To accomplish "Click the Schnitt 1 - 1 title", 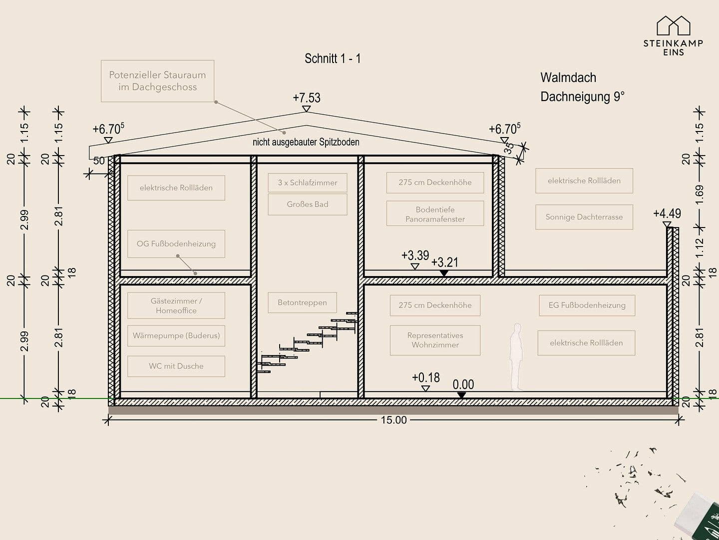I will [x=333, y=58].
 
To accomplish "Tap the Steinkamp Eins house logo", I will [x=673, y=25].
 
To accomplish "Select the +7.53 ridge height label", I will [x=307, y=97].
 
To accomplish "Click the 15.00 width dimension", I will [x=393, y=420].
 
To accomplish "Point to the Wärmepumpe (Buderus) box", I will [x=176, y=335].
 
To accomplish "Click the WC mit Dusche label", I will [x=176, y=366].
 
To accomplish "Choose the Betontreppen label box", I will [x=302, y=302].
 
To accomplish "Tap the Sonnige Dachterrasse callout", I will [x=584, y=217].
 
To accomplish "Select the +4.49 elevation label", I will [x=667, y=213].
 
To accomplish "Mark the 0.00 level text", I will [x=463, y=384].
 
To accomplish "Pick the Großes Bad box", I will [x=307, y=204].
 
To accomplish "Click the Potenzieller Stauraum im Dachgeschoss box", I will [x=157, y=81].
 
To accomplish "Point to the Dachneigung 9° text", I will [x=582, y=96].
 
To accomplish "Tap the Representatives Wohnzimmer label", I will [x=435, y=340].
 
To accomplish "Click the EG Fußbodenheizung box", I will [x=587, y=305].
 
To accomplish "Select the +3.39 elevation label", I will [x=415, y=255].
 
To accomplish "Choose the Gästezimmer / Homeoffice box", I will [x=176, y=305].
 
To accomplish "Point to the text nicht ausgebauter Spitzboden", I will [x=306, y=142].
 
